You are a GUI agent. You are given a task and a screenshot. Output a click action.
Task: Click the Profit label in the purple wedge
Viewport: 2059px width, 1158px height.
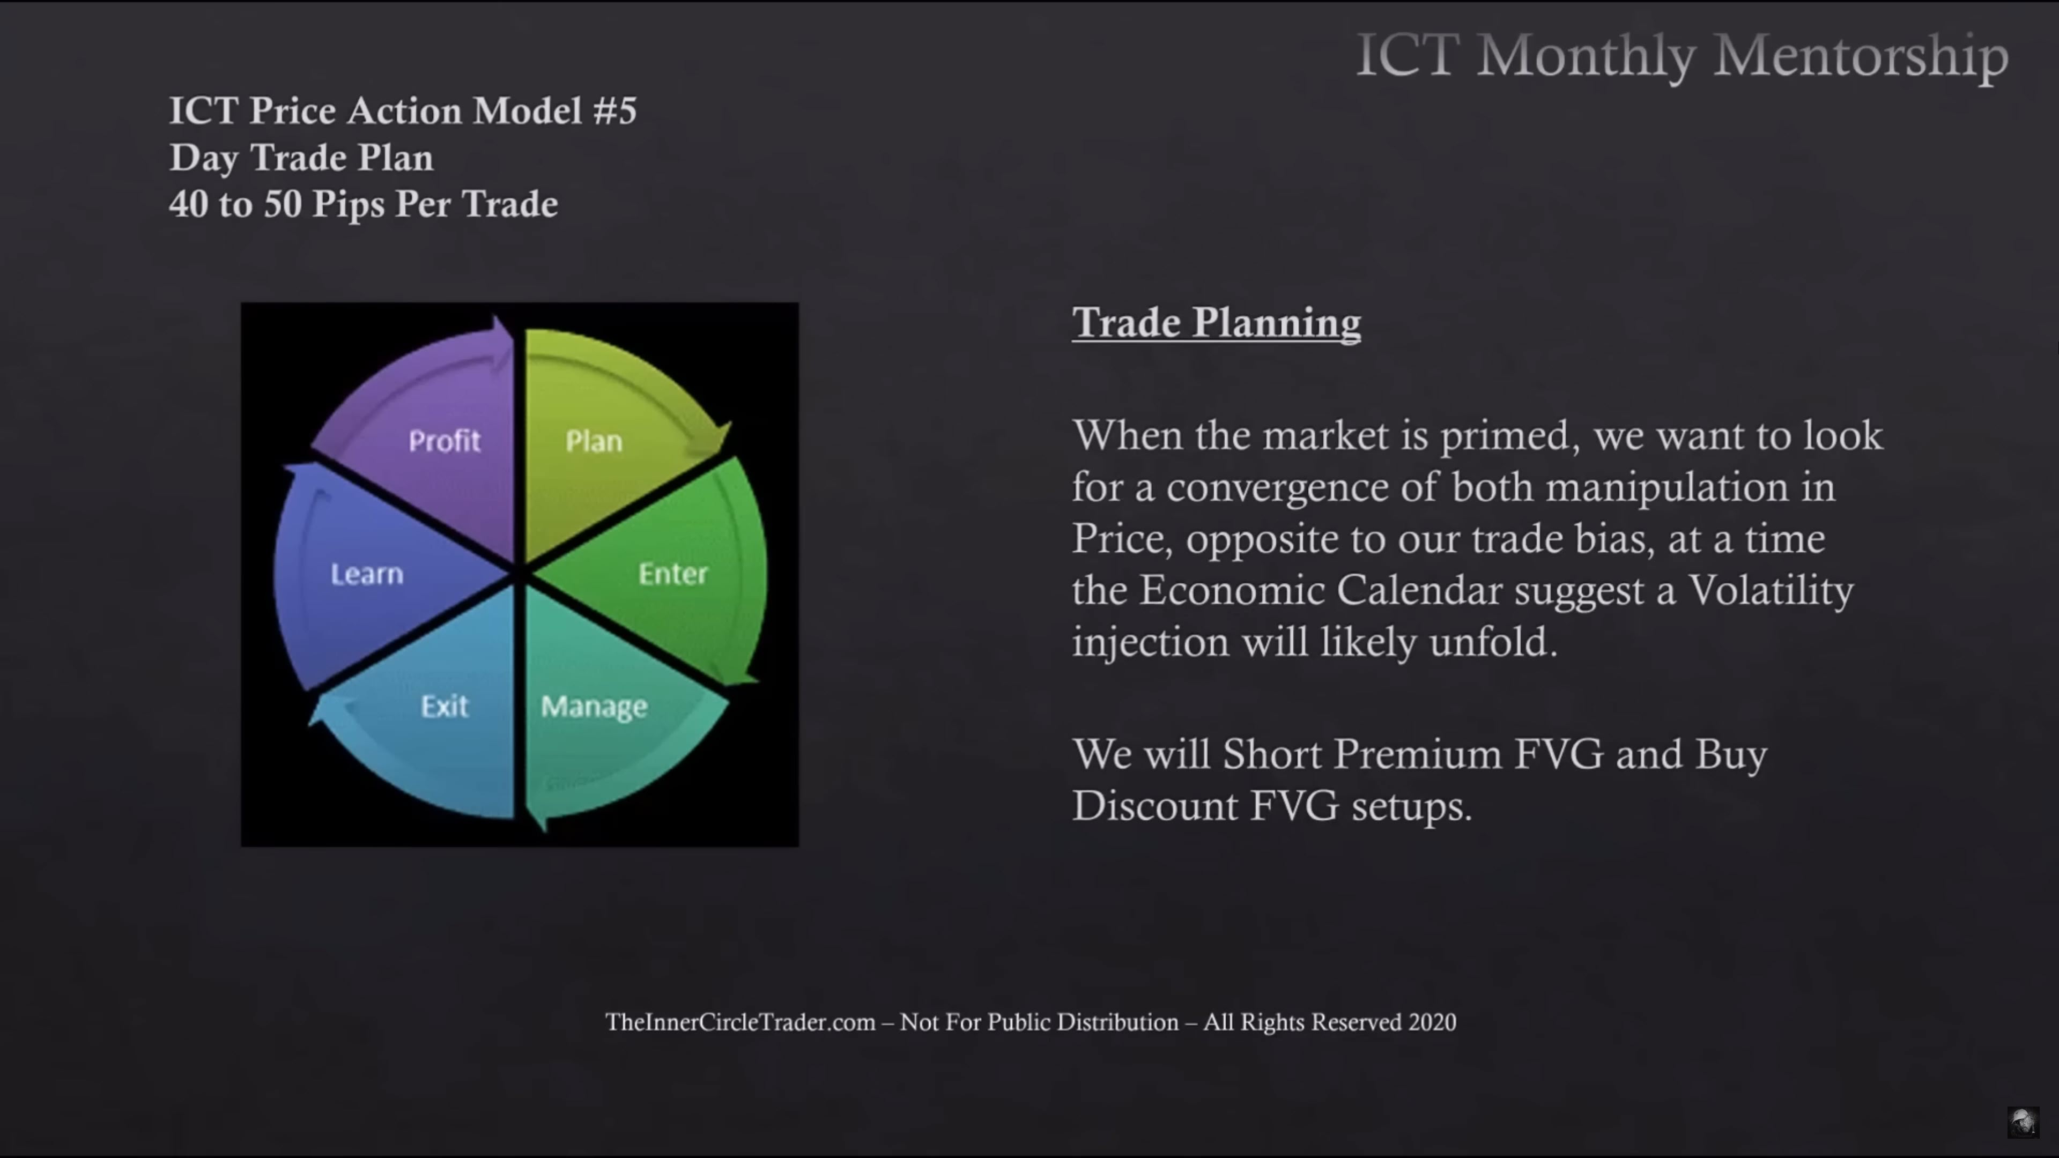(x=445, y=440)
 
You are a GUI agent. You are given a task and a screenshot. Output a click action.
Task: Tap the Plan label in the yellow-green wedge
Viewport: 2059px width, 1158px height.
(x=594, y=440)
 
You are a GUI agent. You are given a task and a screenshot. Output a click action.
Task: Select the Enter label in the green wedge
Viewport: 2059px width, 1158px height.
(x=673, y=573)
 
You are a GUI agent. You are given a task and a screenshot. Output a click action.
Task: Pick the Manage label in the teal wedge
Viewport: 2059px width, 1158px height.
(x=594, y=707)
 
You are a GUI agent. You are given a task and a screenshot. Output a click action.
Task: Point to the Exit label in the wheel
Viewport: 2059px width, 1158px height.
(x=445, y=706)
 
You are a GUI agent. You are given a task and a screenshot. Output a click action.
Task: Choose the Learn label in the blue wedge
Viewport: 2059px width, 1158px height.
(x=367, y=573)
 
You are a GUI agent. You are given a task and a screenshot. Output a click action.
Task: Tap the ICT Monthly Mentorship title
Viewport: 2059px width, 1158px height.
(x=1683, y=55)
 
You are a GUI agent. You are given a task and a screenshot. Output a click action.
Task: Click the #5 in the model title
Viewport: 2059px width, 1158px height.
(x=614, y=110)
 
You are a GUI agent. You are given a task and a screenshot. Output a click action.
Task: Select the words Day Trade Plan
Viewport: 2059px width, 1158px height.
(x=301, y=158)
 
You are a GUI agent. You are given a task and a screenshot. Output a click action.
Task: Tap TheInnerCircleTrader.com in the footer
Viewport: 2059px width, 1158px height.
(x=740, y=1022)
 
